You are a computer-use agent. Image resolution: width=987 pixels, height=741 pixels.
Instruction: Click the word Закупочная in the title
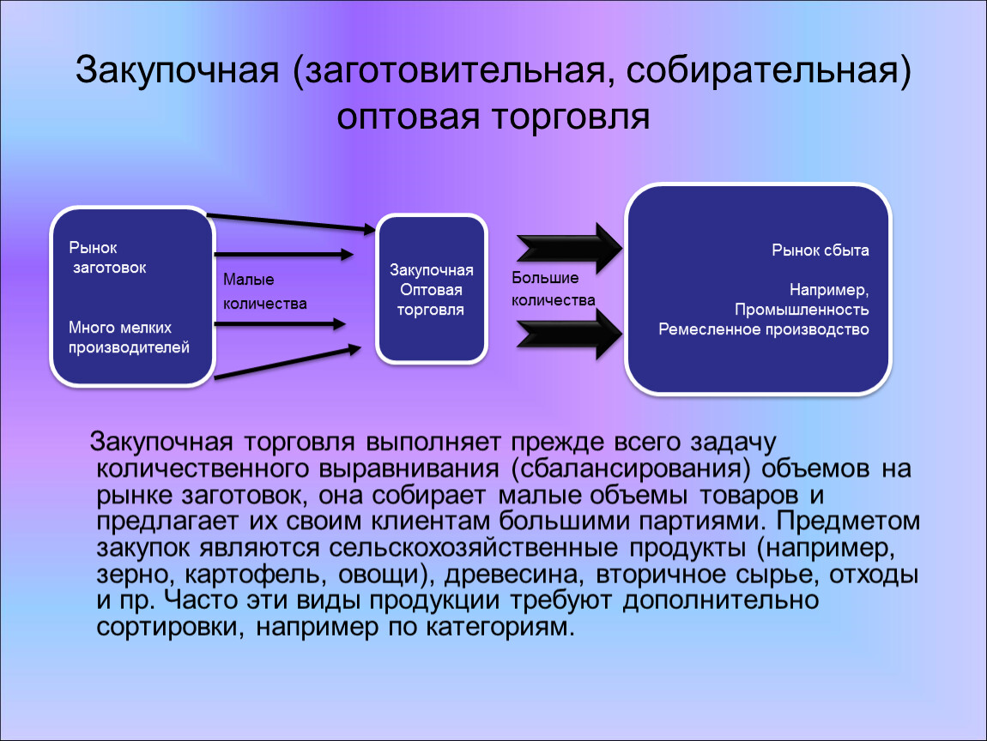pos(177,70)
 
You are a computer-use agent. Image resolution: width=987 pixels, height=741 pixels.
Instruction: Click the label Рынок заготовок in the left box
pos(107,257)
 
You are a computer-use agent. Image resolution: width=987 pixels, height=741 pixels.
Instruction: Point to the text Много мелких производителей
pos(129,337)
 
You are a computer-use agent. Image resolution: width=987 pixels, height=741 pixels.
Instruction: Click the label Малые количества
pos(265,292)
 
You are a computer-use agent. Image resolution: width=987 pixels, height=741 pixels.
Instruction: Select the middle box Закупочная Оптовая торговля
pos(432,289)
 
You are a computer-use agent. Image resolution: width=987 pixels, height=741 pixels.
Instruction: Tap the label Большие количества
pos(554,289)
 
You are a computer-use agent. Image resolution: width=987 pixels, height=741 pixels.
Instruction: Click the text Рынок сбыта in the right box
pos(820,250)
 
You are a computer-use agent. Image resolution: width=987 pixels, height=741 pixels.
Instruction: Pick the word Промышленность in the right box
pos(802,310)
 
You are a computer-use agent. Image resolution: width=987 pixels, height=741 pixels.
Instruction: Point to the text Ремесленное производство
pos(764,329)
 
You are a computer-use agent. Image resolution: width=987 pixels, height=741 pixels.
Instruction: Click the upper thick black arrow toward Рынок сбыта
pos(569,249)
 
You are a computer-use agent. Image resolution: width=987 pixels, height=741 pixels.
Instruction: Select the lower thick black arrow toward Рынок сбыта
pos(569,334)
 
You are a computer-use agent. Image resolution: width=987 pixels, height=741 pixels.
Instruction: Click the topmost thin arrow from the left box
pos(292,223)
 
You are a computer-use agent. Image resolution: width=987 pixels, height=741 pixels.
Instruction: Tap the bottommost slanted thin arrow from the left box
pos(288,362)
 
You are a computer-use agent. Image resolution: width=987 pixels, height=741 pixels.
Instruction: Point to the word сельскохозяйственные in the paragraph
pos(473,548)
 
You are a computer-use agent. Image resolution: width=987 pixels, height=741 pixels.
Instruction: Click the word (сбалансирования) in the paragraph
pos(632,469)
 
